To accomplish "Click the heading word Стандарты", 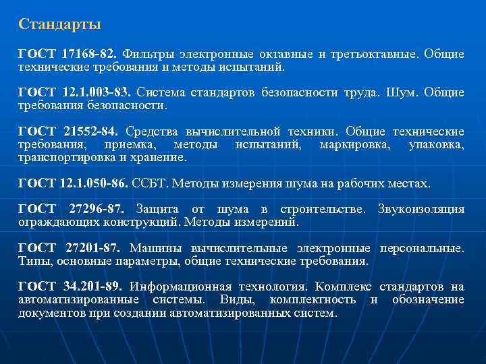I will [x=60, y=25].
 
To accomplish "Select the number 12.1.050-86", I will [x=94, y=183].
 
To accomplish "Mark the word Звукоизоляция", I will [x=421, y=209].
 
